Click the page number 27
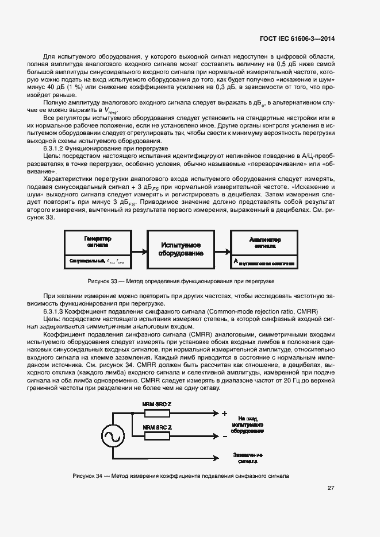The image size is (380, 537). pos(331,488)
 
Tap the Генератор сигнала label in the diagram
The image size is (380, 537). pos(98,241)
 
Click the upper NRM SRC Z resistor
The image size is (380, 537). pos(157,414)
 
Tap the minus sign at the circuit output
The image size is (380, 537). pos(224,436)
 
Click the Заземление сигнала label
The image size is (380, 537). pos(248,457)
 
